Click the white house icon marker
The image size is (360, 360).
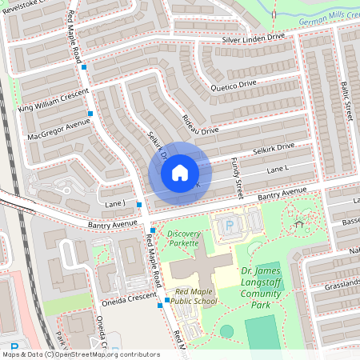click(x=180, y=172)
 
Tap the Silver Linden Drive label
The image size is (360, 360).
click(x=253, y=38)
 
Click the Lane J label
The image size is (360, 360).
click(x=117, y=205)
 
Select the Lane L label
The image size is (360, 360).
click(x=277, y=170)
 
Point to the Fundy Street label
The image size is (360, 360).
click(x=237, y=178)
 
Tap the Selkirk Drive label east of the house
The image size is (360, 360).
click(x=274, y=148)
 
